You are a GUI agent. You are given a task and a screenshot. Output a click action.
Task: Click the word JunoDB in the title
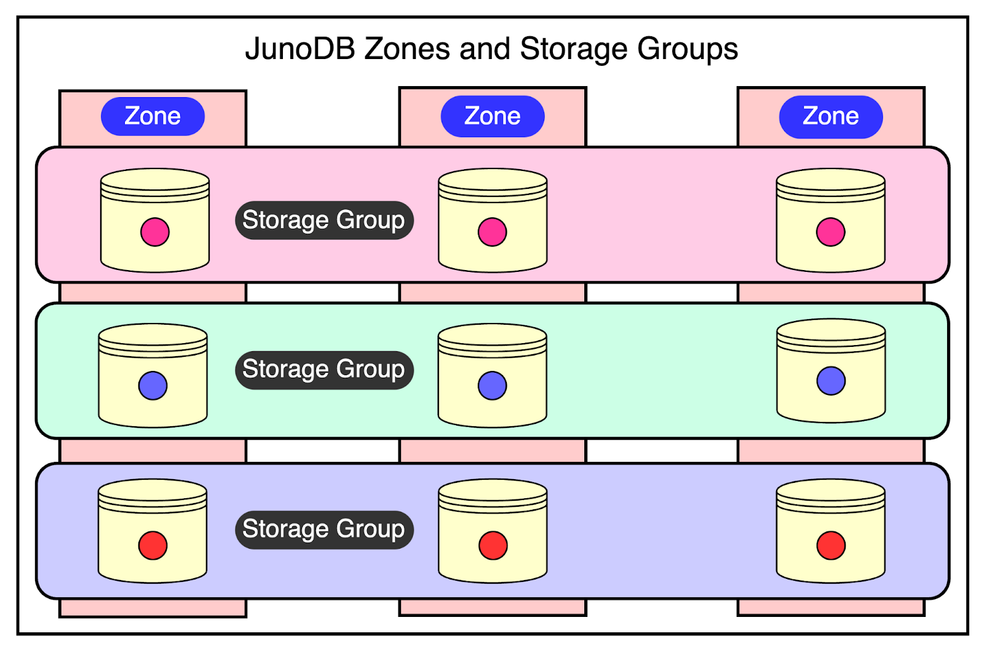coord(300,49)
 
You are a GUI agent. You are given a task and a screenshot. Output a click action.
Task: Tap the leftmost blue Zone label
coord(153,116)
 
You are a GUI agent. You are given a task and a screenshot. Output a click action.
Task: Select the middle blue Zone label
coord(493,116)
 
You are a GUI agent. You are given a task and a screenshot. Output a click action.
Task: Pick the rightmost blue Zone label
coord(831,116)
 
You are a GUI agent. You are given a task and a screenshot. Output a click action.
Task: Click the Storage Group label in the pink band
coord(324,220)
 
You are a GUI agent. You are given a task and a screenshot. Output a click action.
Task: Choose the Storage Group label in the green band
coord(324,370)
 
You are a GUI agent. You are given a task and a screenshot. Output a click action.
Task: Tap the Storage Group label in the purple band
coord(324,530)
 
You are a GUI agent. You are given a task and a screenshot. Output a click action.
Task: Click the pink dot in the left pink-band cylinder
coord(155,232)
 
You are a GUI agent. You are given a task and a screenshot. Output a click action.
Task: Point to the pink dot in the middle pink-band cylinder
coord(493,232)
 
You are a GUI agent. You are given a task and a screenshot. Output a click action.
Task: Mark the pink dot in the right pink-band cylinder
coord(831,232)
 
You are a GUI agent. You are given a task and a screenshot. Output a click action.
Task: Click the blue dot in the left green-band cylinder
coord(153,386)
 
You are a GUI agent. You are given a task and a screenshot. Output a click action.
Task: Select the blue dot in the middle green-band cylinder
coord(493,386)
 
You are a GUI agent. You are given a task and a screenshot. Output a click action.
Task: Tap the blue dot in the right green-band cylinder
coord(831,381)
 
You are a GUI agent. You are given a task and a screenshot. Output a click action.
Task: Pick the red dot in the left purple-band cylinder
coord(153,546)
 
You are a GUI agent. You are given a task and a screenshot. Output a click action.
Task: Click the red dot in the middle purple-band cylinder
coord(493,546)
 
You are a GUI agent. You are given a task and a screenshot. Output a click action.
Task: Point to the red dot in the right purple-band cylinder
coord(831,546)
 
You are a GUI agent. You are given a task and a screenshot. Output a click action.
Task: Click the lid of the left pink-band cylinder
coord(155,180)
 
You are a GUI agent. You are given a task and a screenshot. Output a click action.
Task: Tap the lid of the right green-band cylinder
coord(831,329)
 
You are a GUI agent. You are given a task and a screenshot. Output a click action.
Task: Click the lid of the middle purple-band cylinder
coord(493,490)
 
